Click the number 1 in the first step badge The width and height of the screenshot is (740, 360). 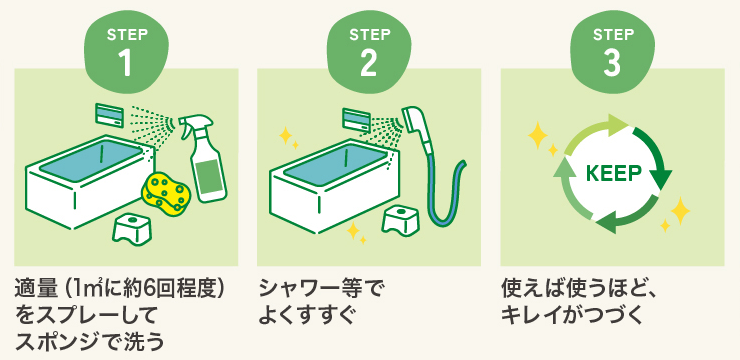[x=126, y=63]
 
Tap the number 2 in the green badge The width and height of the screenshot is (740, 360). [x=369, y=63]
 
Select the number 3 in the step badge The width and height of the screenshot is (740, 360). [x=612, y=63]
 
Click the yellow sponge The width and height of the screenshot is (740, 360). [x=165, y=192]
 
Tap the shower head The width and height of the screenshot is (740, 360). [x=417, y=127]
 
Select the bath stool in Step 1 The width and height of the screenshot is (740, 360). [x=133, y=229]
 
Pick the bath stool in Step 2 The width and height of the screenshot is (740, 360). [x=402, y=218]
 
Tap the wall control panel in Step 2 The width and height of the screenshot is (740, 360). [x=356, y=120]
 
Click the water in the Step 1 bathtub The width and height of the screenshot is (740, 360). [x=91, y=159]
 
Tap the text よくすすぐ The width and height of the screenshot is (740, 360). [x=306, y=316]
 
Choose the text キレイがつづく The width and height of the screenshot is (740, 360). [x=572, y=316]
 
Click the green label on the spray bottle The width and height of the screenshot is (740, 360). [x=209, y=177]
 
